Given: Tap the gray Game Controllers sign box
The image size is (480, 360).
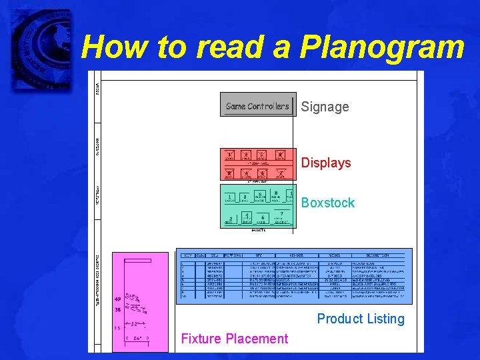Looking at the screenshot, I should coord(258,105).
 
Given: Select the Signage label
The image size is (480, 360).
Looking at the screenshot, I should coord(325,107).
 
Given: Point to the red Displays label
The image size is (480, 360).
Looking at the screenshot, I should coord(325,163).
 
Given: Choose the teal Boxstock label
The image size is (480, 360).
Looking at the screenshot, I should coord(328,203).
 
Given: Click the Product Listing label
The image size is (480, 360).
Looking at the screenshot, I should coord(361,319).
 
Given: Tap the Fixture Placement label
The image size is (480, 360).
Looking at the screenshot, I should coord(235,339).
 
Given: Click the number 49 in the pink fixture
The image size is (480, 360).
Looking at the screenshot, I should coord(118,299).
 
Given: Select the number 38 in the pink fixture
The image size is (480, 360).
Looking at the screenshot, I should coord(118,310).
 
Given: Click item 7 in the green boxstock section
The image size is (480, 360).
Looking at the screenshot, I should coord(281,214).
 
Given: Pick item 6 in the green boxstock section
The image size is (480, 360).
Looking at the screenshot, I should coord(263,218).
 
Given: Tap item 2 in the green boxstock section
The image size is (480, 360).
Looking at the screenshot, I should coord(230,219).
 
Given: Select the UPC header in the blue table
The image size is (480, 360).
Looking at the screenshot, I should coord(259,255).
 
